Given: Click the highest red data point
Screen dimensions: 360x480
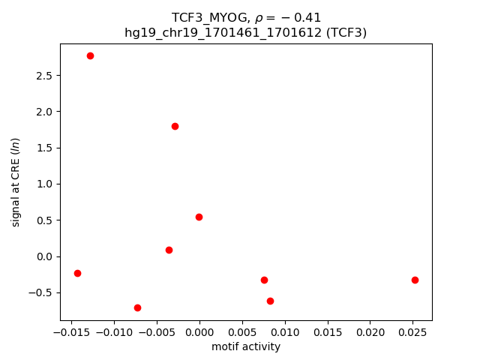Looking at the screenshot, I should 90,55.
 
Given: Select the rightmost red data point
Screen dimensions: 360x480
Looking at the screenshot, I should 415,280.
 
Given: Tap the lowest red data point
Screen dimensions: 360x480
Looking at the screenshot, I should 137,307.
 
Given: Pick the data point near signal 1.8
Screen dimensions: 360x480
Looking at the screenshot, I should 175,126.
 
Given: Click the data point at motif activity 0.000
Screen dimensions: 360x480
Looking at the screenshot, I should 199,217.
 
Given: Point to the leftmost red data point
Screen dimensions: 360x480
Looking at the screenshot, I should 77,273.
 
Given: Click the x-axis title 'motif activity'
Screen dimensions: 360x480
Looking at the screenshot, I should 246,346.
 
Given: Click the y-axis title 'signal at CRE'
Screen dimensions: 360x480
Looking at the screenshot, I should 16,181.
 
